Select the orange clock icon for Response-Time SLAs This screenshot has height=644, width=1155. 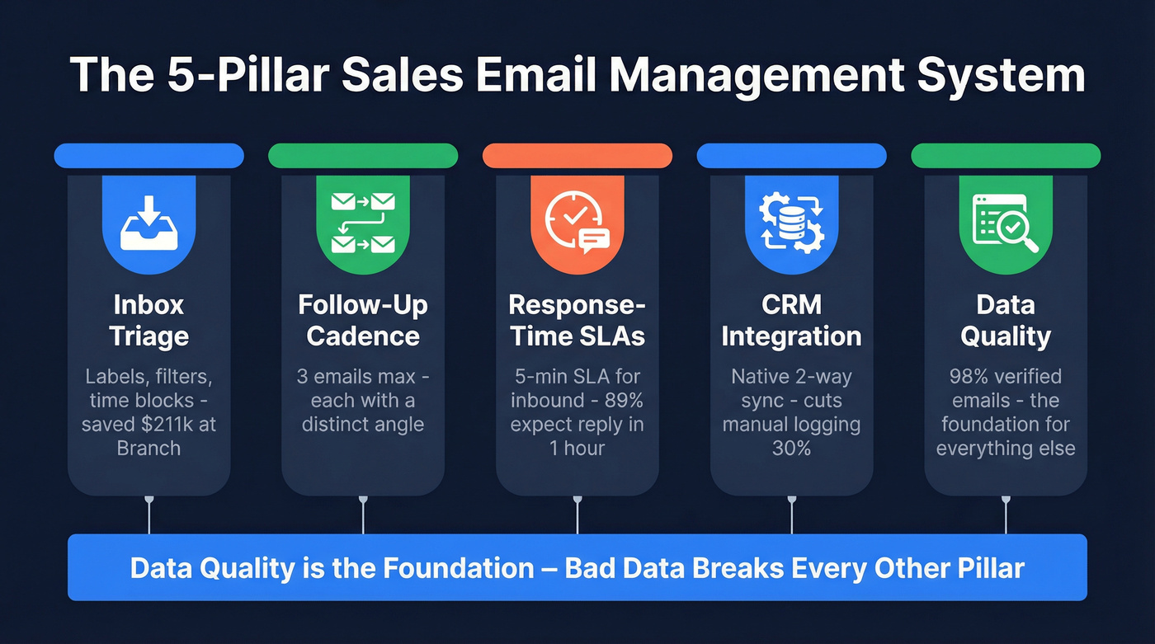point(577,221)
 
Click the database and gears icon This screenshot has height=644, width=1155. point(792,221)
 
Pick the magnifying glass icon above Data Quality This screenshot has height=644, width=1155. point(1005,221)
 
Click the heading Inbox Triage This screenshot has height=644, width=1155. point(148,320)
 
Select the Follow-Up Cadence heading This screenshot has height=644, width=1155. point(363,320)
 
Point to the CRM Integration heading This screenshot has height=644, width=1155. point(792,320)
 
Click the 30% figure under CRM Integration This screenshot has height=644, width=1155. point(792,448)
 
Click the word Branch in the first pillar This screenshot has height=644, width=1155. point(148,448)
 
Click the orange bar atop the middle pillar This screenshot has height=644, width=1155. point(577,156)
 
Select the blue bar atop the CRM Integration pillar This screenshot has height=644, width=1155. point(792,156)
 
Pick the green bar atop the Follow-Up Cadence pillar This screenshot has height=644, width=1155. point(363,156)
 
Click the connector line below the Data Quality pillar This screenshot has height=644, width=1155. point(1006,515)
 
